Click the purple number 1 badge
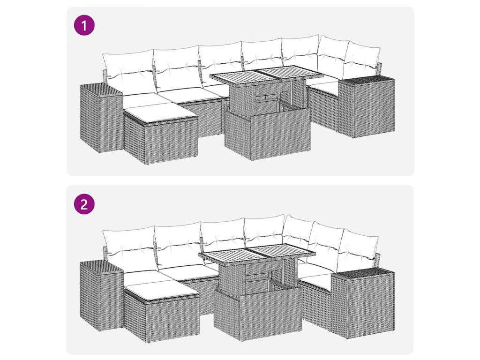pos(84,25)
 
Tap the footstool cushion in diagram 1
pos(160,112)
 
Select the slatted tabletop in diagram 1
pos(266,75)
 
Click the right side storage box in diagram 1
pos(367,107)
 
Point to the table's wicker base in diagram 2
pos(258,314)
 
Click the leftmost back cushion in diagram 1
pos(128,71)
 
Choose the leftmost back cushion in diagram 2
pos(128,248)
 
